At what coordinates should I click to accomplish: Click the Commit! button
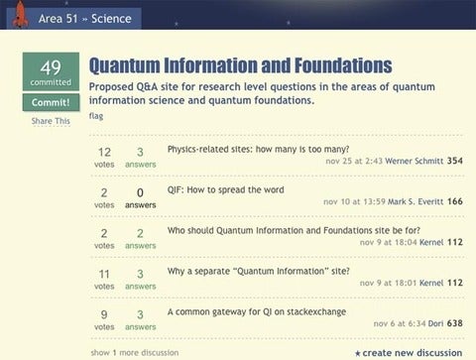coord(49,102)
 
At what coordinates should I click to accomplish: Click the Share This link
coord(50,121)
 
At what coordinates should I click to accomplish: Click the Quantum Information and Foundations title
coord(240,66)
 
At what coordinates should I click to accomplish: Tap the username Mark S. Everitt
coord(410,200)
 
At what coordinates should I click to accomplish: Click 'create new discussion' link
coord(411,352)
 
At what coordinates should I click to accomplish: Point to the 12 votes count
coord(104,151)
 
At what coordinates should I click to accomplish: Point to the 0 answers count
coord(140,191)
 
